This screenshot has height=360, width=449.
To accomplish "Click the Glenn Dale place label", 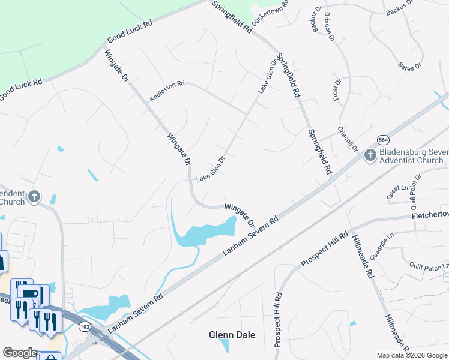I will pos(232,335).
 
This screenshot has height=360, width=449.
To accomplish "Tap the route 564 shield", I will pos(382,139).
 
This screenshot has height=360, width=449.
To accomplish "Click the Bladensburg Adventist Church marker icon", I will pos(370,156).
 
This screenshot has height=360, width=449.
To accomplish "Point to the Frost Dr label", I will pos(338,89).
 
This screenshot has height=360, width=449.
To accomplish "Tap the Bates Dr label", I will pos(410,66).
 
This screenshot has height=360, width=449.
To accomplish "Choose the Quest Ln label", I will pos(393,192).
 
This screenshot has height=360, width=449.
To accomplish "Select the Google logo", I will pos(19,353).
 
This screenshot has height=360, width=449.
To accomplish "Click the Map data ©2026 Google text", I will pos(412,355).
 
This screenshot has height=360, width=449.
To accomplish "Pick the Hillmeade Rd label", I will pos(364,256).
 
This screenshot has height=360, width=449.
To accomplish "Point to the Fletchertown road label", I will pos(430,214).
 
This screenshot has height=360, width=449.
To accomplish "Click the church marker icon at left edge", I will pos(35,196).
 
